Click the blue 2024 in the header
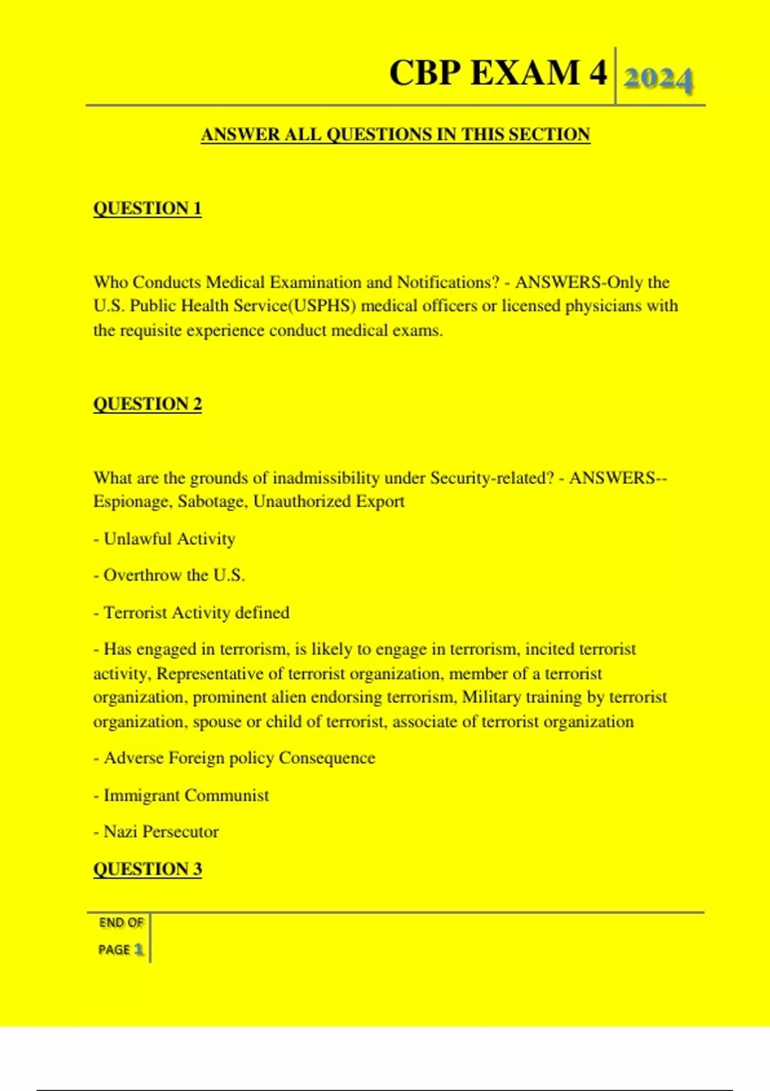(x=658, y=80)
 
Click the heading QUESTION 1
(x=148, y=209)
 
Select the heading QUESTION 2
(x=148, y=404)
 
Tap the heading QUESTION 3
(x=148, y=869)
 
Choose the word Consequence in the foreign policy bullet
(x=327, y=759)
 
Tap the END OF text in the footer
(x=121, y=923)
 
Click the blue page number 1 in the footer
(x=139, y=950)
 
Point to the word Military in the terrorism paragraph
(x=492, y=698)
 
